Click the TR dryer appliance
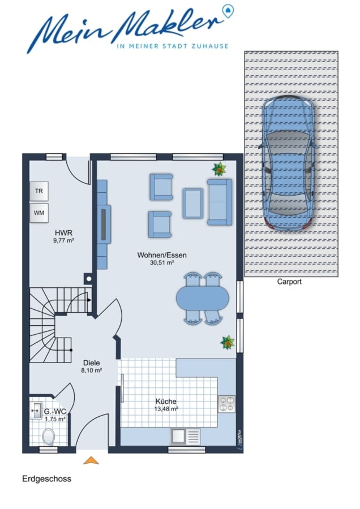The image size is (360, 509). pyautogui.click(x=39, y=191)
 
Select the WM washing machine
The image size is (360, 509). pyautogui.click(x=39, y=213)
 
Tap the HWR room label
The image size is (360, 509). pyautogui.click(x=64, y=233)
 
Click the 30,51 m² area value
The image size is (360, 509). pyautogui.click(x=162, y=262)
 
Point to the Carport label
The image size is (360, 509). pyautogui.click(x=289, y=282)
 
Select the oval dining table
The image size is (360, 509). pyautogui.click(x=203, y=297)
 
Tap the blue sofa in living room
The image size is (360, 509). pyautogui.click(x=220, y=202)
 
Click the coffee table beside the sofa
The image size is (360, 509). pyautogui.click(x=193, y=203)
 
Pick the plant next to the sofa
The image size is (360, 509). pyautogui.click(x=219, y=169)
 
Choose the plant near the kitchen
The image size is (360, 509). pyautogui.click(x=228, y=343)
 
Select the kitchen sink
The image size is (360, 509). pyautogui.click(x=185, y=437)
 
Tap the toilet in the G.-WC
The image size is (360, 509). pyautogui.click(x=49, y=437)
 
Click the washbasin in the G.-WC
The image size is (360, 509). pyautogui.click(x=36, y=411)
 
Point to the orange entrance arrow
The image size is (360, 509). pyautogui.click(x=91, y=460)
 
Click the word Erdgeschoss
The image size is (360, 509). pyautogui.click(x=47, y=479)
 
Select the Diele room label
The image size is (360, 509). pyautogui.click(x=92, y=363)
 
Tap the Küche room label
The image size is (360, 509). pyautogui.click(x=166, y=401)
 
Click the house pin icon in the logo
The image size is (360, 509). pyautogui.click(x=229, y=10)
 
